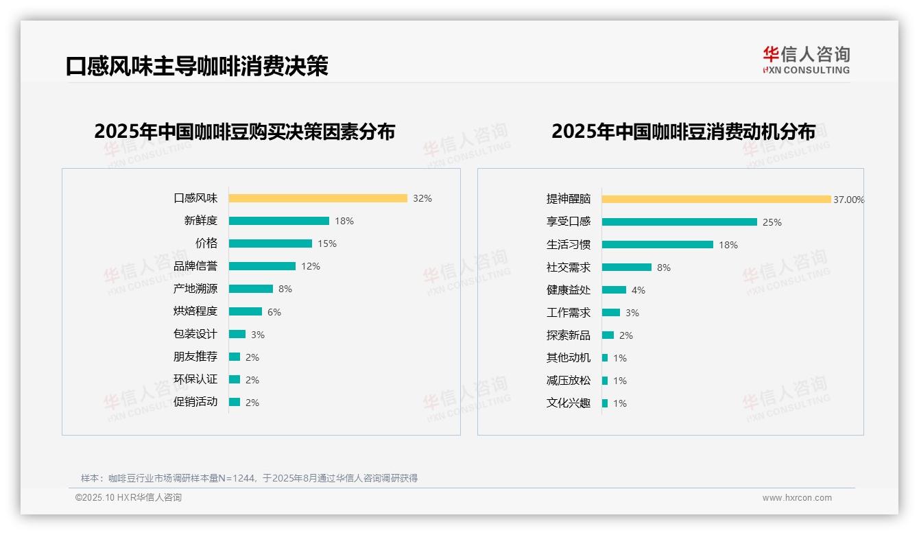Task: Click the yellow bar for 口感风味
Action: click(318, 198)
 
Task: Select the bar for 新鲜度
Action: click(278, 221)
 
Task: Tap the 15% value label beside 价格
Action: click(326, 243)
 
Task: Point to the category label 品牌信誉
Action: click(195, 266)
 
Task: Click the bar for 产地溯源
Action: click(250, 289)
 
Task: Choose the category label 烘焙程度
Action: click(195, 311)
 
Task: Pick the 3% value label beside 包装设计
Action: click(257, 335)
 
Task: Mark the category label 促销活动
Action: click(195, 402)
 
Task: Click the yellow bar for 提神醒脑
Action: click(716, 200)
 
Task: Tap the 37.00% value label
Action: click(848, 200)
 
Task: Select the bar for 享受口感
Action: click(679, 222)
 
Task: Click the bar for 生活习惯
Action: click(657, 245)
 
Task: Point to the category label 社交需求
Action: click(569, 267)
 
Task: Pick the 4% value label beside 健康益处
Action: click(638, 290)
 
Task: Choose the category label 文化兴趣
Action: click(569, 403)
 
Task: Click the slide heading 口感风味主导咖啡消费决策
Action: click(197, 66)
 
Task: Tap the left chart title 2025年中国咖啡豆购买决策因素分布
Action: click(244, 132)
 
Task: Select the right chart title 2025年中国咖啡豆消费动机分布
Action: click(683, 132)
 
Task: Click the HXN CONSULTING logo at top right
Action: click(806, 60)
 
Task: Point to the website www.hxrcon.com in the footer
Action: click(797, 498)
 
